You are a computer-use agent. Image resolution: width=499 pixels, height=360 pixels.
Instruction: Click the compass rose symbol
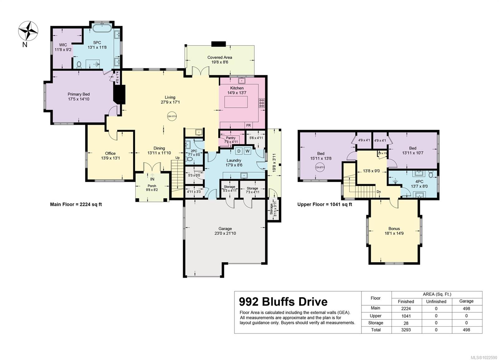[28, 31]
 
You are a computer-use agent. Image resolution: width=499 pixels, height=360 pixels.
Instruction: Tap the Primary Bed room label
[79, 94]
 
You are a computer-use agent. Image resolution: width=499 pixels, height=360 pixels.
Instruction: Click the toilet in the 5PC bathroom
[79, 65]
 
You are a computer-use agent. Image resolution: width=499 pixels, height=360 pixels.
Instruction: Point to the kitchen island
[236, 102]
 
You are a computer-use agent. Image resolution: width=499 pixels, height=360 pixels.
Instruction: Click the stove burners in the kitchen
[262, 103]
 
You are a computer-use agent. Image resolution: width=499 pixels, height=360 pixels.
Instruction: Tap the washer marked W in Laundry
[247, 151]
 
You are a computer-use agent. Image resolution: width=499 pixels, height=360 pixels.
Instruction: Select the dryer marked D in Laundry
[239, 151]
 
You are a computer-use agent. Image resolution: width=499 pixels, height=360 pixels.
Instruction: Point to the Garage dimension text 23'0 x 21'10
[225, 233]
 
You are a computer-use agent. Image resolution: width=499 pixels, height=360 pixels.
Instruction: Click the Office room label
[110, 153]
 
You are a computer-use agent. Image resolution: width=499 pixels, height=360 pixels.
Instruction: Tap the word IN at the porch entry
[152, 179]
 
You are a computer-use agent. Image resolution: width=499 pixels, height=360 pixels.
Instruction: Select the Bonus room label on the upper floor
[394, 228]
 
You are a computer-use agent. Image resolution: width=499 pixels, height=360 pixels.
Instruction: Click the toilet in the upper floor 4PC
[431, 174]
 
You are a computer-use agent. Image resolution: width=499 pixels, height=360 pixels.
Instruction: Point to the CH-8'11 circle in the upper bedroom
[320, 167]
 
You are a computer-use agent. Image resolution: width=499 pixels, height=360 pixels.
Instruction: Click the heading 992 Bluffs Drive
[283, 302]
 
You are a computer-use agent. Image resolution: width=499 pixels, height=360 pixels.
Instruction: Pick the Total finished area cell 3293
[406, 330]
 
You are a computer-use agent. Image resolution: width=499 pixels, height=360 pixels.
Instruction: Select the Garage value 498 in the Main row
[466, 309]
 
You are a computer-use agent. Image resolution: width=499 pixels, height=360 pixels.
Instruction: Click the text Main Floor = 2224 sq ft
[76, 204]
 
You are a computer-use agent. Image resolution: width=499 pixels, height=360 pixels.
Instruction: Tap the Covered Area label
[220, 57]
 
